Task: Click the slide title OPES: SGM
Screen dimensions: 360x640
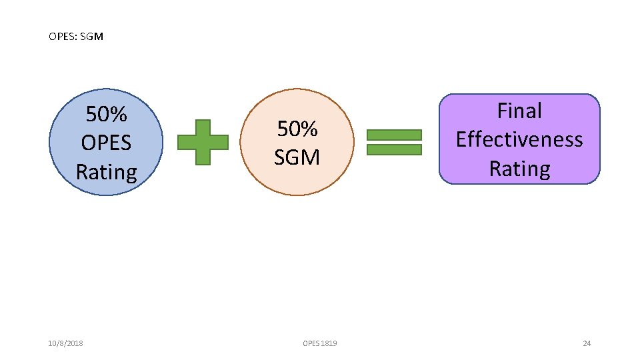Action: pos(76,37)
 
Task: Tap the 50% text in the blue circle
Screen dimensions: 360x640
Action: pos(107,115)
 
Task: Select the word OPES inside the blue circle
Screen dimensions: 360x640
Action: pos(107,143)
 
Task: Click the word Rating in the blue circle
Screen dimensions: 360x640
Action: pos(107,172)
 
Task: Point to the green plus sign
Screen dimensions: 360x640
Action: pos(203,141)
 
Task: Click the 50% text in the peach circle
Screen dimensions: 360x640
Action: pos(297,128)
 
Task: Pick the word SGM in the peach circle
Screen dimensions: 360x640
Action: pos(297,157)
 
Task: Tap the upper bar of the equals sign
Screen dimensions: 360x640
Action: pos(395,134)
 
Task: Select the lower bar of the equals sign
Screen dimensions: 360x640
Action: pos(395,149)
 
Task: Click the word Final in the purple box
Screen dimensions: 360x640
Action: pos(519,111)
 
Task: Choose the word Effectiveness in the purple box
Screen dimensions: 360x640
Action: pos(519,139)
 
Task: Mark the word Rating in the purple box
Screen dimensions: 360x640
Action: pos(519,169)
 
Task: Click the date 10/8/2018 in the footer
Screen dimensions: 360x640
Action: pos(66,343)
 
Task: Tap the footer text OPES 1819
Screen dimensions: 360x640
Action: pos(320,343)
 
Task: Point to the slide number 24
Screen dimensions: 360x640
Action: pos(587,343)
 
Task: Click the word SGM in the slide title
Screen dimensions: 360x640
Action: pos(92,37)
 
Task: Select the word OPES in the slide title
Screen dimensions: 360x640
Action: pos(62,37)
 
